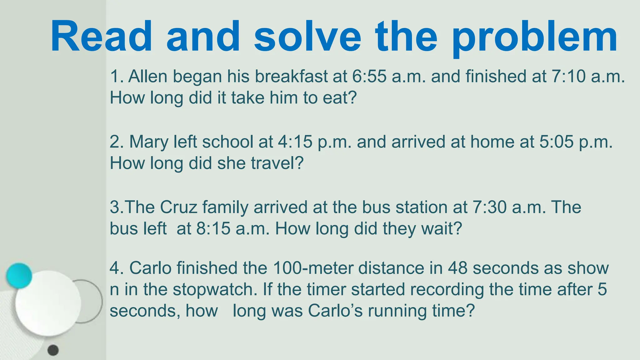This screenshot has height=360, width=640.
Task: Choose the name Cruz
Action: (178, 207)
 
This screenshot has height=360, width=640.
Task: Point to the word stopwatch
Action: (215, 289)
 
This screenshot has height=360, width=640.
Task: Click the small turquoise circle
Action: (19, 275)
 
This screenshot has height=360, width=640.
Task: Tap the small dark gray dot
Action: (53, 350)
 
